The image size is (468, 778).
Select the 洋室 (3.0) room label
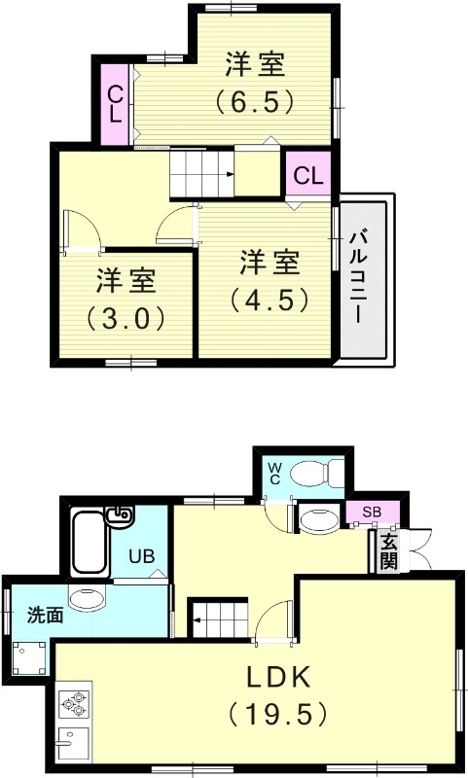click(x=126, y=300)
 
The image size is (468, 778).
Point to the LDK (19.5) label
click(x=277, y=694)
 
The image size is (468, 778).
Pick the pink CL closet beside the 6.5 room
click(x=116, y=103)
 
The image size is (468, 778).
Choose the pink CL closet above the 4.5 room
click(x=307, y=176)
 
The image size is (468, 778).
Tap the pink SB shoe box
click(x=372, y=512)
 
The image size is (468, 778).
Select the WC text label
click(x=274, y=473)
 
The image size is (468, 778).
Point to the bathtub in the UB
click(x=90, y=541)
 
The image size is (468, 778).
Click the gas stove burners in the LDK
click(x=74, y=701)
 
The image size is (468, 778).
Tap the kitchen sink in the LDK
click(x=73, y=744)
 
